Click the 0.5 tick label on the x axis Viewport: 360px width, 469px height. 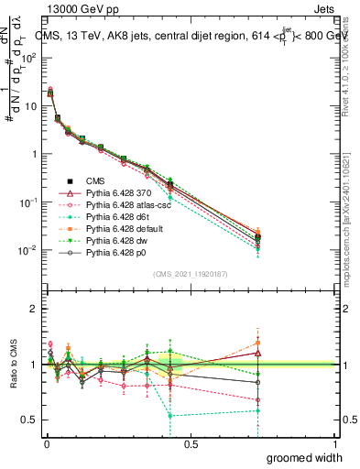[x=191, y=444]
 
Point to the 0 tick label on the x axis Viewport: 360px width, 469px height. [x=46, y=444]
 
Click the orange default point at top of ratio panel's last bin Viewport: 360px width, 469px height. [x=259, y=343]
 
